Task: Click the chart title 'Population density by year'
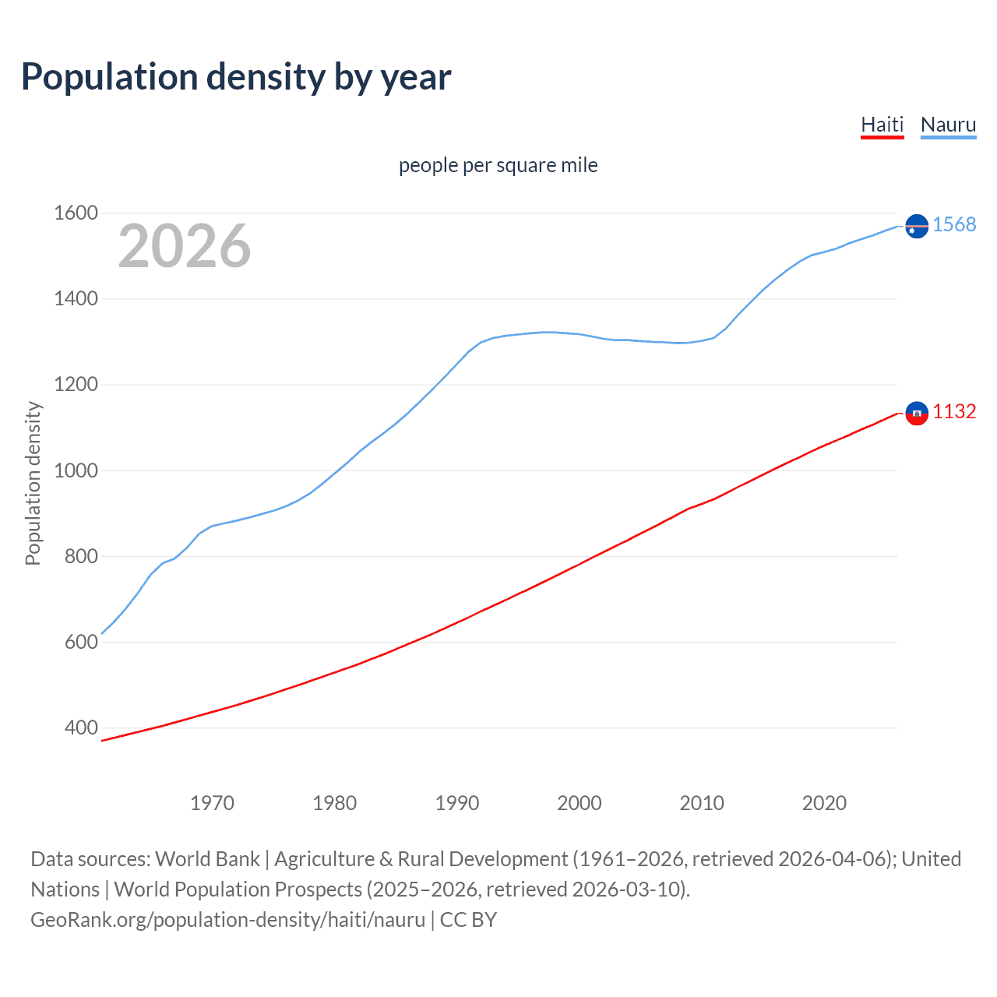coord(236,77)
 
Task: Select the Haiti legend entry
coord(882,125)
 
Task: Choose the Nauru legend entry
coord(948,125)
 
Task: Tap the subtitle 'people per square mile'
coord(498,165)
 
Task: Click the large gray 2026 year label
coord(185,246)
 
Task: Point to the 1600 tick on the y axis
coord(76,213)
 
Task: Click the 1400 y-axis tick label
coord(76,299)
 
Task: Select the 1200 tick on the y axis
coord(76,385)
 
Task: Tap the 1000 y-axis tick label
coord(76,470)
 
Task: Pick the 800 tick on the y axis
coord(81,556)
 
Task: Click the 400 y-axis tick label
coord(81,728)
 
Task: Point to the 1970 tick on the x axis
coord(212,803)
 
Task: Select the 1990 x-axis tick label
coord(457,803)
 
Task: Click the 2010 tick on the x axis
coord(702,803)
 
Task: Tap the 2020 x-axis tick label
coord(824,803)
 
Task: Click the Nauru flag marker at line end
coord(917,226)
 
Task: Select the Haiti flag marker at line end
coord(917,414)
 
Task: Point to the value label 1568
coord(954,224)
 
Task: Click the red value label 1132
coord(954,412)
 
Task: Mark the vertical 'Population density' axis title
coord(33,483)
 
